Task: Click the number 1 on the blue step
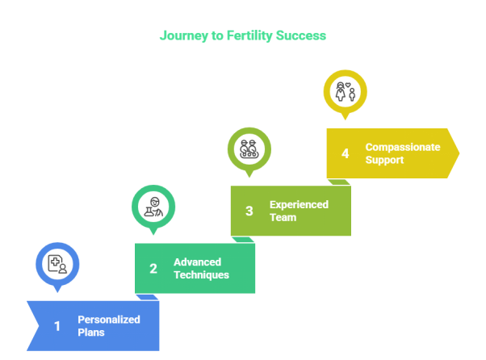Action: [x=57, y=326]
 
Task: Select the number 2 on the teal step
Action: [x=153, y=269]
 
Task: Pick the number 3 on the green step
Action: [x=249, y=211]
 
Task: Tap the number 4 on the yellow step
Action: [x=346, y=153]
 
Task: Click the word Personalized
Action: [x=109, y=320]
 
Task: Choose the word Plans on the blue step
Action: [x=91, y=333]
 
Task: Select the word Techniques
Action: [x=201, y=275]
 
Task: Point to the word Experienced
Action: [x=299, y=204]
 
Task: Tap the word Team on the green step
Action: [x=283, y=217]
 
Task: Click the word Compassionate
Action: [x=402, y=147]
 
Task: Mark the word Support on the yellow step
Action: [x=384, y=160]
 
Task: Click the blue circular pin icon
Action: [x=57, y=264]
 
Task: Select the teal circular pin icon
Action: [x=153, y=206]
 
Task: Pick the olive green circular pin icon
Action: [x=249, y=149]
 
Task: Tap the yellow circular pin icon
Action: [x=346, y=90]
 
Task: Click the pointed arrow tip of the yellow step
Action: [x=457, y=153]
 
